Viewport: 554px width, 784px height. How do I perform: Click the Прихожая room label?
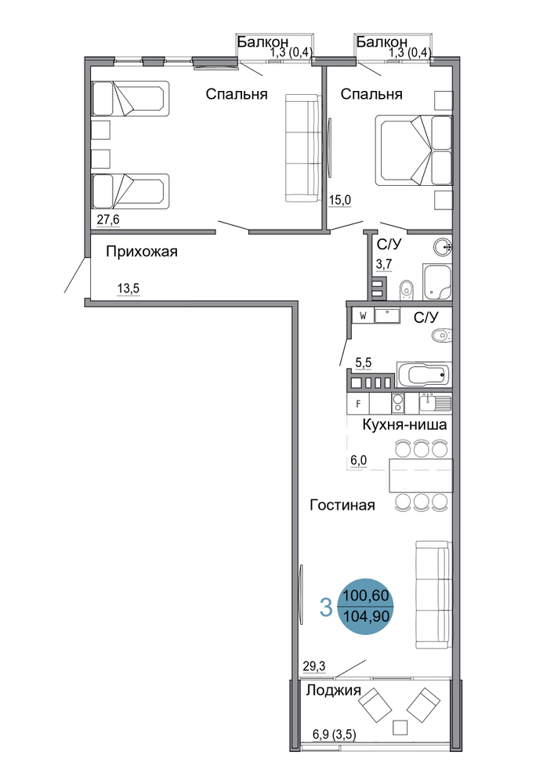(141, 252)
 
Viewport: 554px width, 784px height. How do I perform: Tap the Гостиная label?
(342, 505)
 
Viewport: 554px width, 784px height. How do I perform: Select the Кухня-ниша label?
(404, 425)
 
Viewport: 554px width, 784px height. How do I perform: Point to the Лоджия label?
(333, 691)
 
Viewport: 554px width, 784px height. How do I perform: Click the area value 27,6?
(108, 219)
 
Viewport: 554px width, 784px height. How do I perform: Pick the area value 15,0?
(340, 200)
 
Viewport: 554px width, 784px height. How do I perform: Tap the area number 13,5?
(128, 289)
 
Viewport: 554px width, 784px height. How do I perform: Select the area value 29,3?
(314, 666)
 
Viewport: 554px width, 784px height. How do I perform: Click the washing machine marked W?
(363, 316)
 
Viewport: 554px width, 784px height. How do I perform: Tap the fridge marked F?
(358, 404)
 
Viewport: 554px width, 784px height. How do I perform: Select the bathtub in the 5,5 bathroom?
(424, 375)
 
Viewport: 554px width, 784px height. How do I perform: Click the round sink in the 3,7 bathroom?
(443, 247)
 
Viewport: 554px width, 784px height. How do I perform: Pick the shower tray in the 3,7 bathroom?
(436, 282)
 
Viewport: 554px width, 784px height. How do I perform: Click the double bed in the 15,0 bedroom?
(414, 151)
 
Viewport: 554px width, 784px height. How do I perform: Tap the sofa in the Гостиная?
(433, 595)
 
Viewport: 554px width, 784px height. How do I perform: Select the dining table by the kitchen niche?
(421, 476)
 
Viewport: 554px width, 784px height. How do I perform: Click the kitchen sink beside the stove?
(435, 402)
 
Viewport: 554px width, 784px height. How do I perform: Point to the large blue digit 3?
(326, 608)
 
